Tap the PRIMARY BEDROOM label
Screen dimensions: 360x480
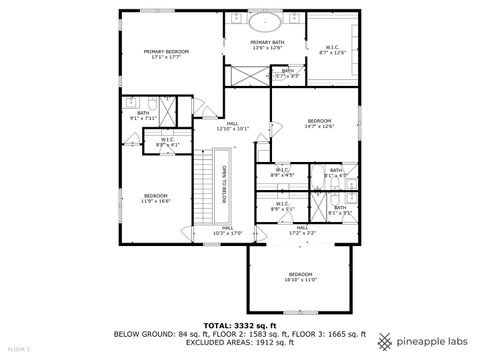168,54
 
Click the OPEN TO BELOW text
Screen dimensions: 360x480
224,184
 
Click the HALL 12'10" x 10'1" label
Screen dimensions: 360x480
232,126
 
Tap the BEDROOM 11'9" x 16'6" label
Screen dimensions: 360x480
156,198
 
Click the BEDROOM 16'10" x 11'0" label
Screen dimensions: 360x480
301,276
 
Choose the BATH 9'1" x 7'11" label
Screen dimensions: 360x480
143,115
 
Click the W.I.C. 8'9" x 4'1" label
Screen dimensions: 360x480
168,142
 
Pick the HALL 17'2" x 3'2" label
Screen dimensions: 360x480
302,231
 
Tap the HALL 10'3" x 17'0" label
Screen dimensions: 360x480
228,230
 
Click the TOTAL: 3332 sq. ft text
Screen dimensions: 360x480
240,325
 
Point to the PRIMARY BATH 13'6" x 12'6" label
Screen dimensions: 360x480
265,45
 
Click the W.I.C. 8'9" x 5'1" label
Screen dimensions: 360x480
281,207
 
